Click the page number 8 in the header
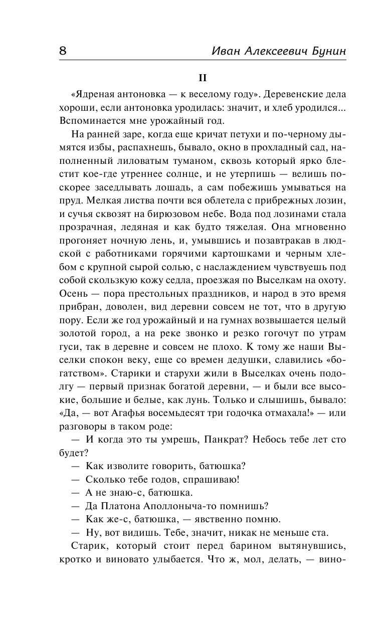(x=63, y=51)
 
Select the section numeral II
(x=203, y=78)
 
